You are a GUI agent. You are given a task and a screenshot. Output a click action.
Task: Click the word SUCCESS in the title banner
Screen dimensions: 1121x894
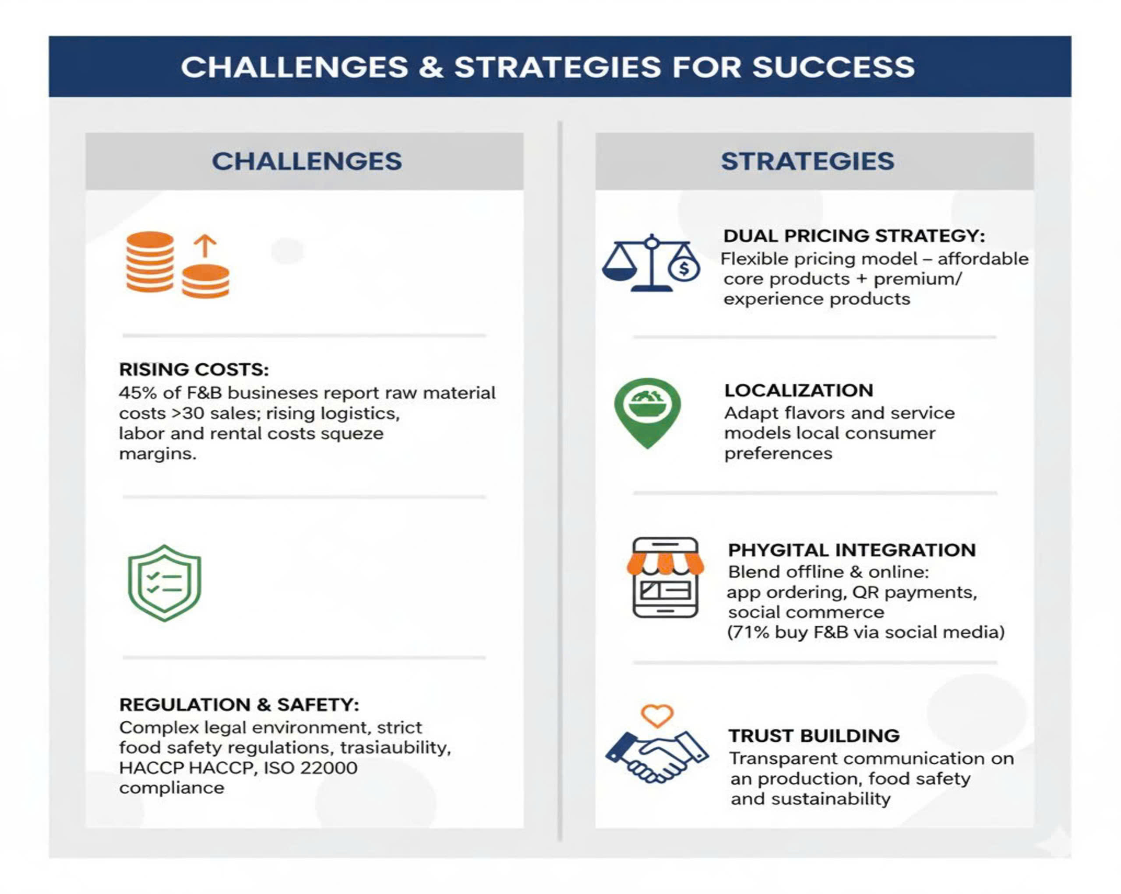click(833, 67)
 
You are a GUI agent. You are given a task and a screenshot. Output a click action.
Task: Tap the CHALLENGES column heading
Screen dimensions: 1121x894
click(307, 161)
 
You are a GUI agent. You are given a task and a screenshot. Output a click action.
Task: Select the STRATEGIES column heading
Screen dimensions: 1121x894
click(807, 161)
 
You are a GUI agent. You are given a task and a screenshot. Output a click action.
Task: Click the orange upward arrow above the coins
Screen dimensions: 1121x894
click(205, 246)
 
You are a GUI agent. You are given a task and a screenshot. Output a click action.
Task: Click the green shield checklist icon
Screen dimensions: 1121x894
click(164, 583)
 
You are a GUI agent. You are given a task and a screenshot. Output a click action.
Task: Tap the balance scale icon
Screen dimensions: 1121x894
click(651, 263)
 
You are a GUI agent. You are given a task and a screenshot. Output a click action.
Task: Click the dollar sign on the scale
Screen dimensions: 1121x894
click(684, 269)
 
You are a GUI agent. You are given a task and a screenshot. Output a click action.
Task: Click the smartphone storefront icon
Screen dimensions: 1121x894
click(665, 577)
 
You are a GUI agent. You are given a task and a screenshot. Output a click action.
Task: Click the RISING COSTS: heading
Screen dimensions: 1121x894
click(194, 369)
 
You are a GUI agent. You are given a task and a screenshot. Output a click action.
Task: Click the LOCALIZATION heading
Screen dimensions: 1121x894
click(799, 390)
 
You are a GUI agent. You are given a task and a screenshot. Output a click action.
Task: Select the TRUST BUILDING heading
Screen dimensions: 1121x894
click(814, 736)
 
